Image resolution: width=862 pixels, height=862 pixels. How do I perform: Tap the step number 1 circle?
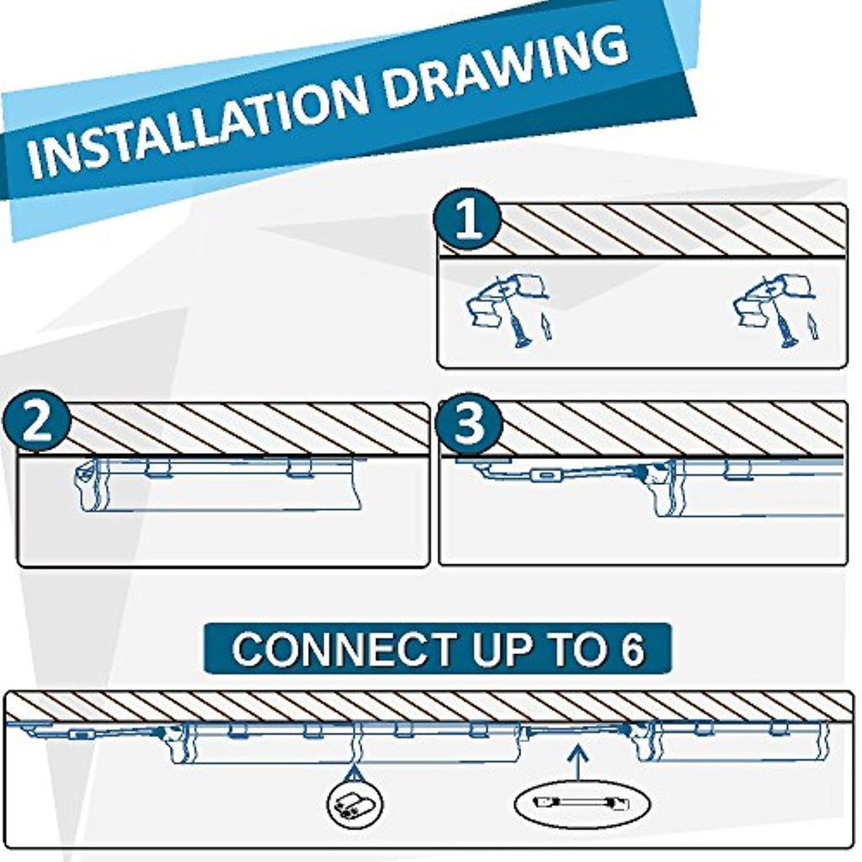point(468,220)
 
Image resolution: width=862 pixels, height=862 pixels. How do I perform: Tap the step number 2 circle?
point(37,421)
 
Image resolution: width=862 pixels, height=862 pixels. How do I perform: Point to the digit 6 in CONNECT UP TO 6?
point(633,649)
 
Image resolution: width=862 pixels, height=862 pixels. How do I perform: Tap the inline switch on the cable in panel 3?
point(545,474)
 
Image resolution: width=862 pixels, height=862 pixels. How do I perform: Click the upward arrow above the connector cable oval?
point(577,761)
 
